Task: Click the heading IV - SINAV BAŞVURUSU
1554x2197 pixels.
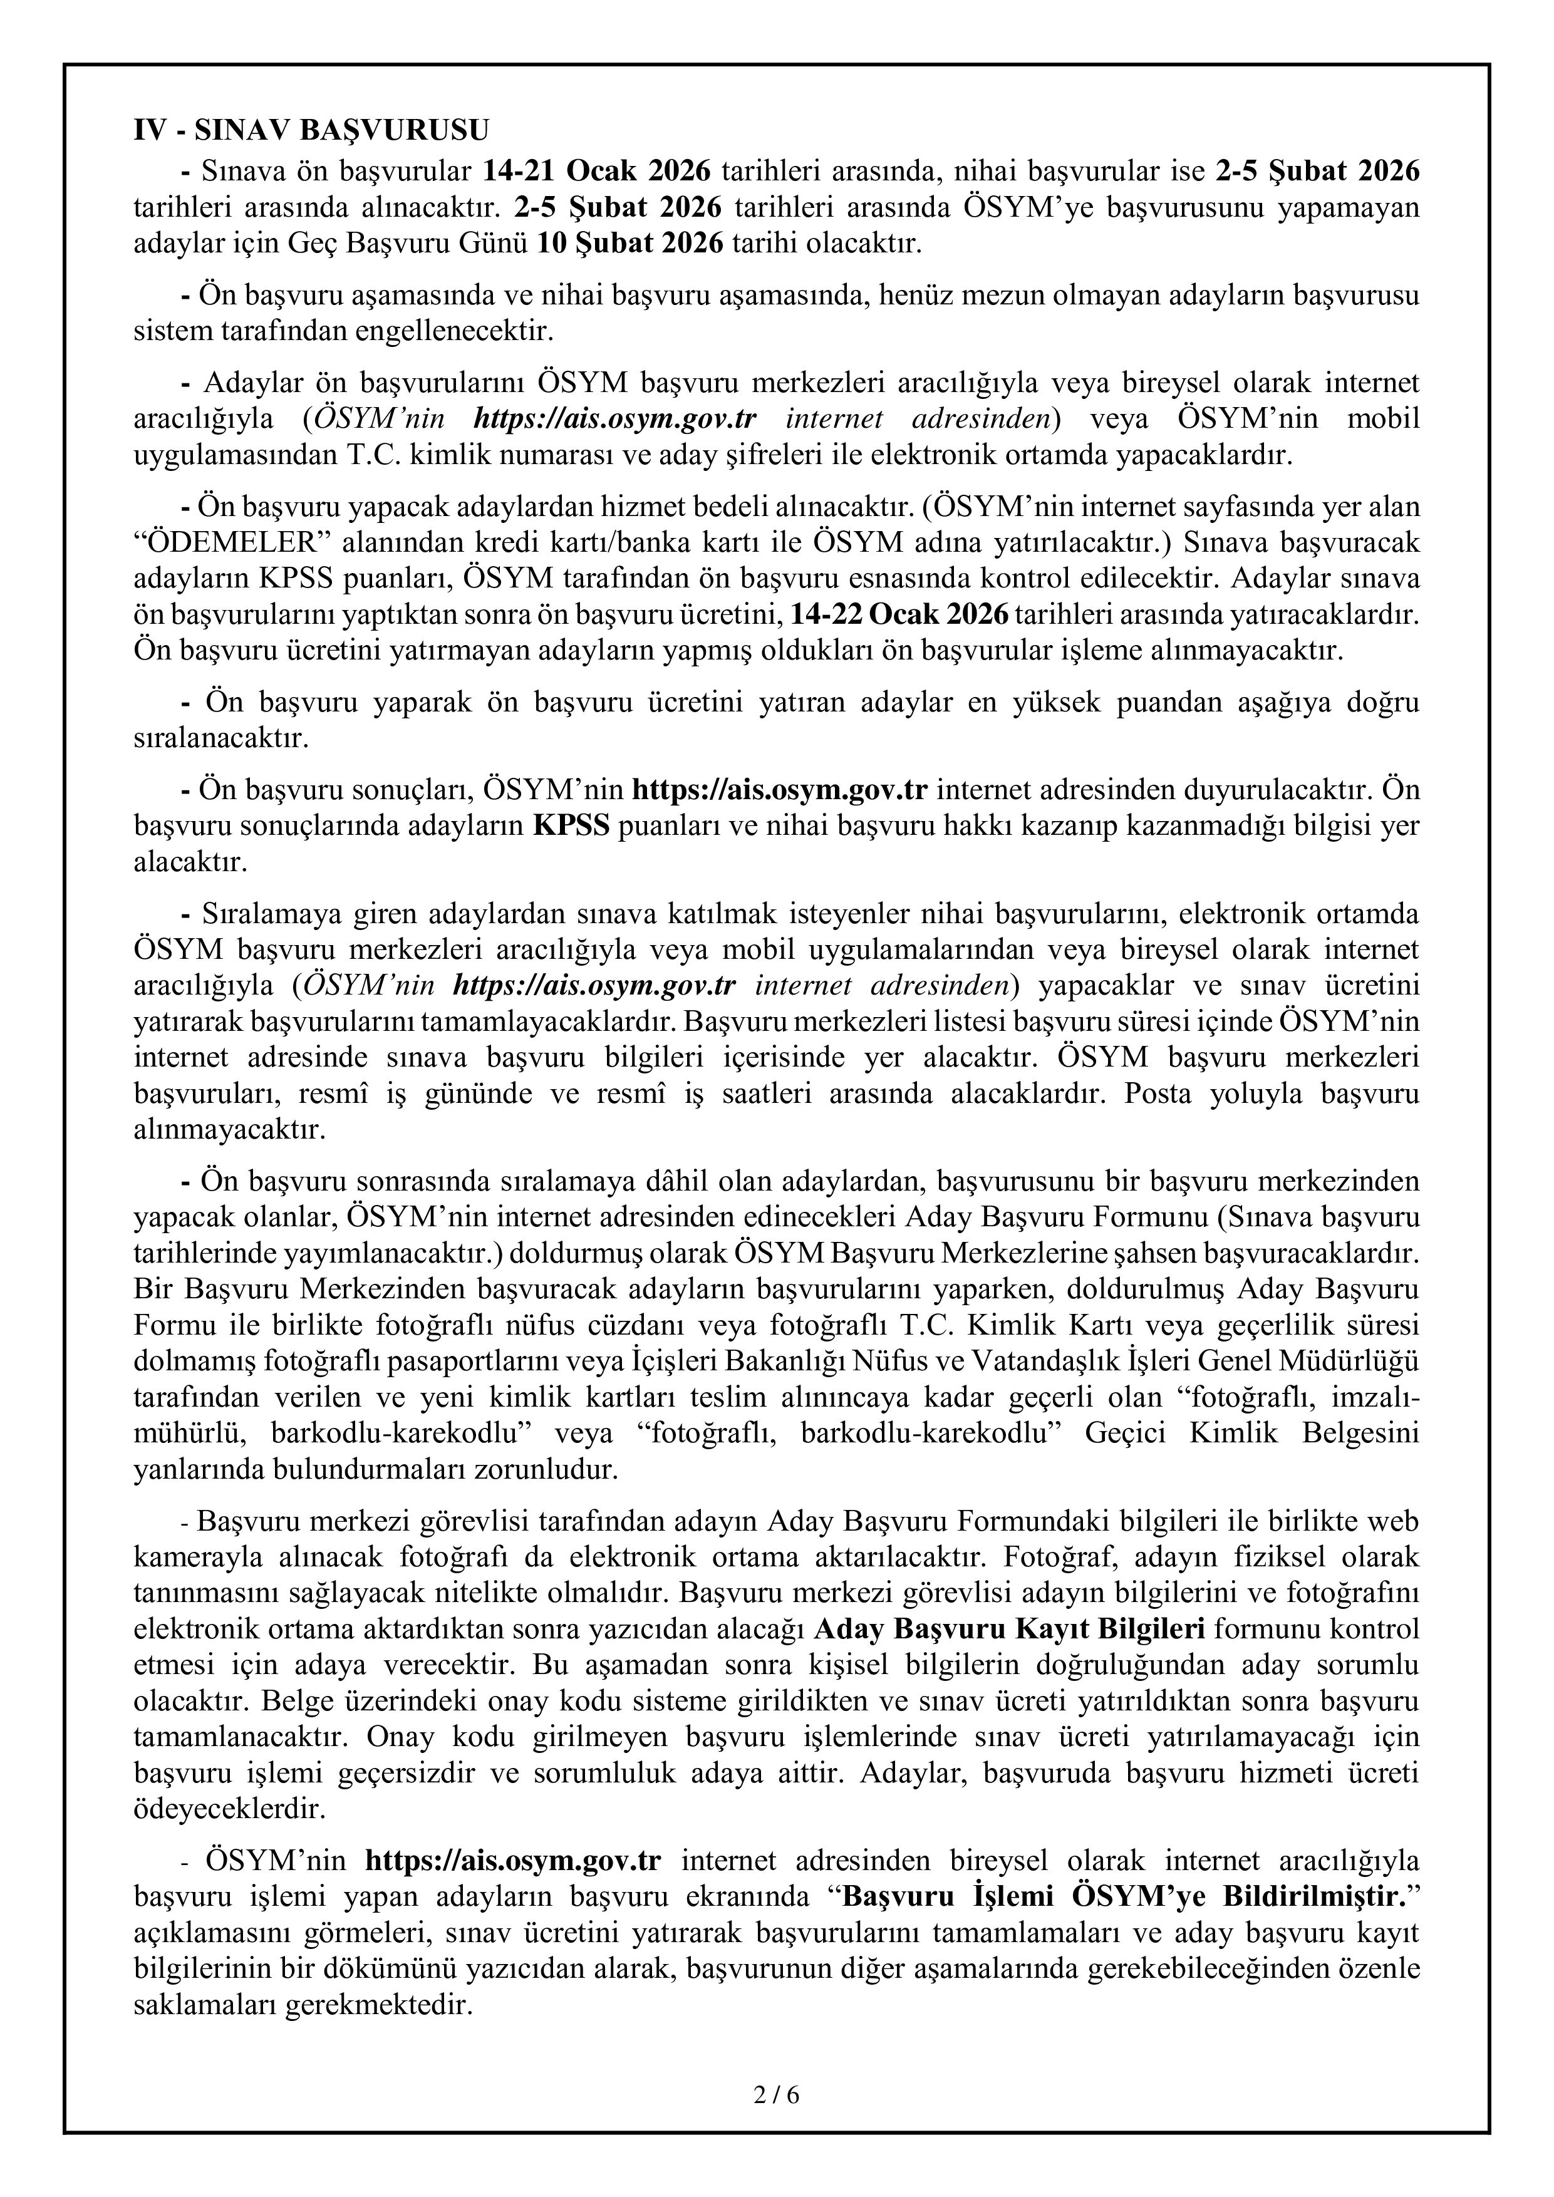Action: [x=311, y=130]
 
